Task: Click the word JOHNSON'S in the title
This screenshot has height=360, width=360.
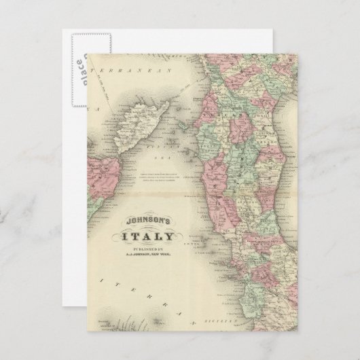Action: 148,222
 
